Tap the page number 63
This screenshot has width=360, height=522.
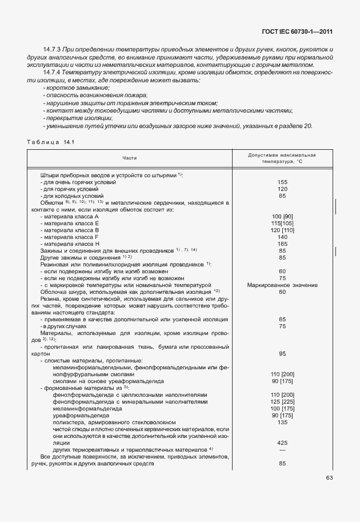pos(330,478)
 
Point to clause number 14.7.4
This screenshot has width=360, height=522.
pos(53,73)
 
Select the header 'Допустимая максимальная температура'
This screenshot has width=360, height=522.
pos(282,158)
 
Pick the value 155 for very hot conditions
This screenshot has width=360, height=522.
pos(282,182)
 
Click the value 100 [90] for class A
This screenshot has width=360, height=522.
pos(282,217)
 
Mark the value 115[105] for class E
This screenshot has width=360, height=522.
pos(282,223)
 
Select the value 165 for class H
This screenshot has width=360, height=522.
pos(282,244)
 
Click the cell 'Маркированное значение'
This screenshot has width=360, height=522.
pos(282,285)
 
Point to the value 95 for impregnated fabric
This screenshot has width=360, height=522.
pos(282,354)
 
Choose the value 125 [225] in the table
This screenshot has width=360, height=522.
pos(282,402)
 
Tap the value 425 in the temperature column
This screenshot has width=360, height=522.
pos(282,443)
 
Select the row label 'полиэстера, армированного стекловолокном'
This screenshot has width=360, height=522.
pos(114,423)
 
